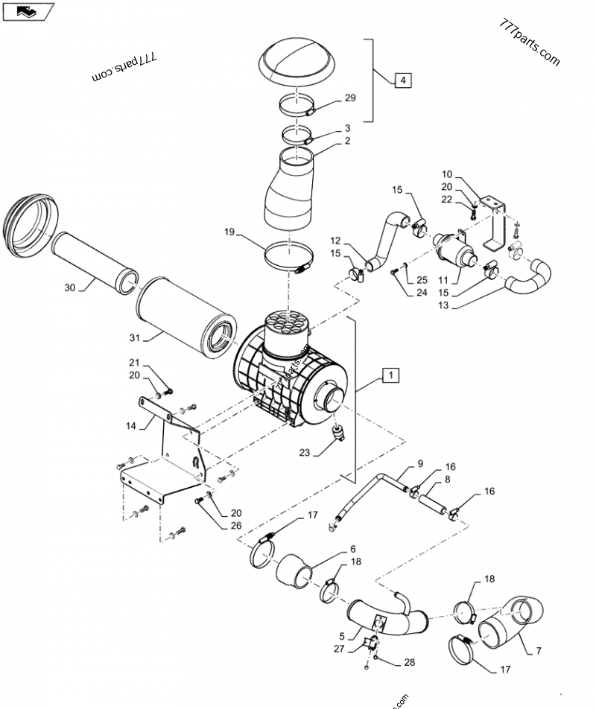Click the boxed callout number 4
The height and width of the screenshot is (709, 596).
[x=402, y=79]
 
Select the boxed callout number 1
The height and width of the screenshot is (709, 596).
[x=392, y=375]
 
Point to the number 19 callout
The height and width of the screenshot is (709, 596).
[x=230, y=232]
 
